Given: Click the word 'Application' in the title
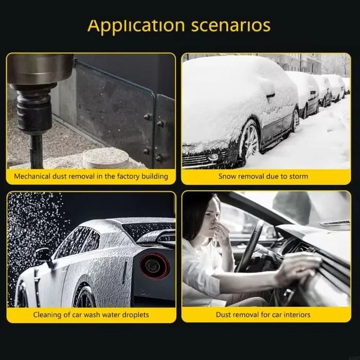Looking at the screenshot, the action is click(136, 26).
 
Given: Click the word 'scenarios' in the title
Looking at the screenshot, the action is click(231, 26).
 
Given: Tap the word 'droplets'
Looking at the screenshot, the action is click(135, 315).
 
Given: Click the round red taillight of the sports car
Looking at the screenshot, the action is click(154, 266).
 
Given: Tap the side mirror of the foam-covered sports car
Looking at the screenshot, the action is click(43, 255).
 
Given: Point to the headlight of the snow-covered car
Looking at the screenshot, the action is click(213, 157).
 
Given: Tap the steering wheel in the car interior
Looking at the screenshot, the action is click(251, 245).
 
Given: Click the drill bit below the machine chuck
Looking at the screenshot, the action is click(36, 151).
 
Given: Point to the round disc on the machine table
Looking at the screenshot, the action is click(105, 158).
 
